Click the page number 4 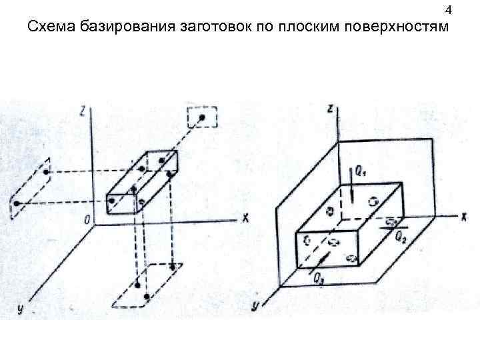(x=449, y=11)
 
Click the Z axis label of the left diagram (x=81, y=111)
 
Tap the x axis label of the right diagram (x=462, y=216)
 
